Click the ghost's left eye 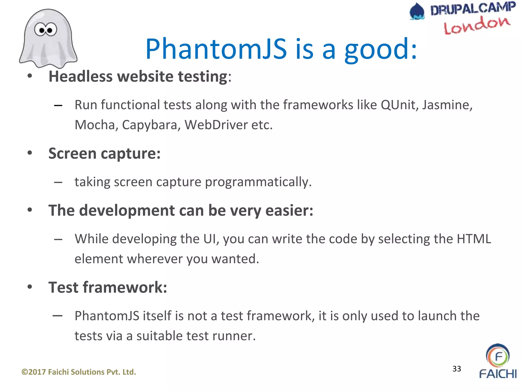pyautogui.click(x=40, y=30)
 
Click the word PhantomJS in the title pyautogui.click(x=216, y=49)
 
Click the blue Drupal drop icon pyautogui.click(x=417, y=11)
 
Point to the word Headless pyautogui.click(x=80, y=76)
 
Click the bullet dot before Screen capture pyautogui.click(x=30, y=153)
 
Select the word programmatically pyautogui.click(x=258, y=182)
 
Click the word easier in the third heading pyautogui.click(x=289, y=211)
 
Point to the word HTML pyautogui.click(x=474, y=239)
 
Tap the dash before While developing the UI pyautogui.click(x=58, y=239)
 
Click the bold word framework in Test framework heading pyautogui.click(x=125, y=287)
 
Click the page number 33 pyautogui.click(x=457, y=369)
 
